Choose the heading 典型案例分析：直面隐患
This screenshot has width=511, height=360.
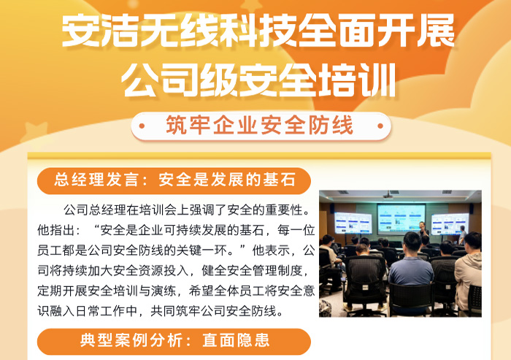(174, 341)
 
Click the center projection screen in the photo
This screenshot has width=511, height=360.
(400, 218)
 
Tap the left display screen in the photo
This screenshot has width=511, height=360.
(353, 223)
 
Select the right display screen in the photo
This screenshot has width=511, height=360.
(450, 223)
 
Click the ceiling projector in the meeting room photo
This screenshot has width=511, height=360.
(388, 196)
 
